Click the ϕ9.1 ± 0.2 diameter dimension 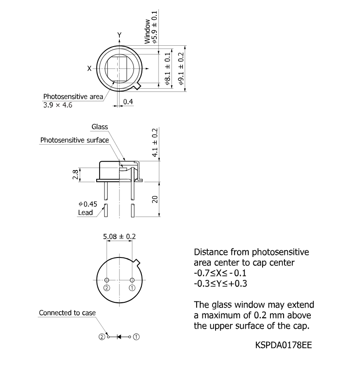(x=181, y=69)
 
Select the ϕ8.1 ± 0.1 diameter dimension (x=168, y=69)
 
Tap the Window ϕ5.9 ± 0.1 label (x=151, y=27)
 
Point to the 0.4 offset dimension (x=128, y=102)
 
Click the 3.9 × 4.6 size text (x=58, y=105)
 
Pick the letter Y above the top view (x=119, y=35)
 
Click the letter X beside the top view (x=89, y=69)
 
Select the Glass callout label (x=100, y=127)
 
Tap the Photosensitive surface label (x=75, y=140)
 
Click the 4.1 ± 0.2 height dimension (x=155, y=143)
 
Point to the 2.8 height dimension (x=75, y=174)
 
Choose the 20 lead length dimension (x=155, y=199)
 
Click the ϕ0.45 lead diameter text (x=88, y=204)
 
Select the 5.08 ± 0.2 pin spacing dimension (x=119, y=236)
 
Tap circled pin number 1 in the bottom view (x=132, y=288)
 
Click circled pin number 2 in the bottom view (x=107, y=288)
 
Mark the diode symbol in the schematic (x=119, y=337)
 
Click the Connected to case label (x=67, y=313)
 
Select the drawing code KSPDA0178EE (x=283, y=345)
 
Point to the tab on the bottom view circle (x=137, y=262)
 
